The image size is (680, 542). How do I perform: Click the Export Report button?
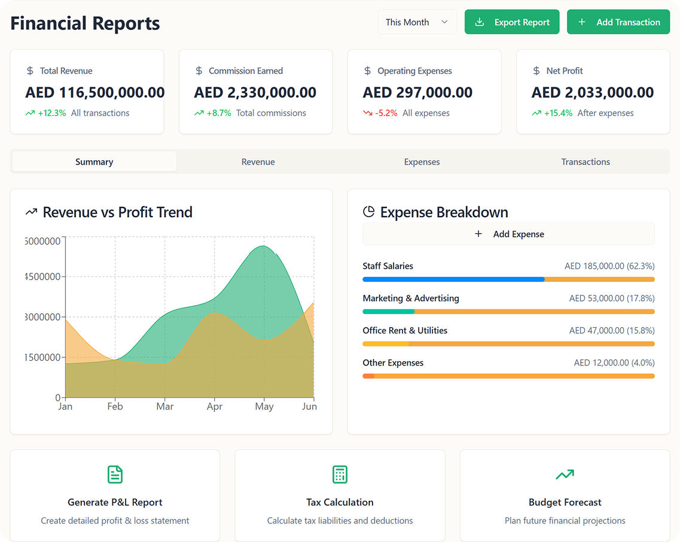point(512,22)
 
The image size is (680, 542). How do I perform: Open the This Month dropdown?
point(417,22)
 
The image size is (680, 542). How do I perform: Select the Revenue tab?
point(258,162)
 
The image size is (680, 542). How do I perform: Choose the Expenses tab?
point(422,162)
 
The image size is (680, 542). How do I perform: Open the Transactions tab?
point(586,162)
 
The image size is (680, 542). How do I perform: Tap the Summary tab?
point(94,162)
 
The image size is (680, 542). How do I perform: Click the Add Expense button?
point(509,234)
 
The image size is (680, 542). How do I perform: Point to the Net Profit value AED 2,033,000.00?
point(593,93)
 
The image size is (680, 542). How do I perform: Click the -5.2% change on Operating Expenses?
point(386,113)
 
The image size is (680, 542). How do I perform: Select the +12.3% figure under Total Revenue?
point(51,113)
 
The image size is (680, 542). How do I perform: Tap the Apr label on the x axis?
point(215,407)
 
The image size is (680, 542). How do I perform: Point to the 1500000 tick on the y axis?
point(42,358)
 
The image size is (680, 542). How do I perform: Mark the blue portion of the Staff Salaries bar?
point(453,279)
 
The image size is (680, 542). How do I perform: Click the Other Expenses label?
point(393,363)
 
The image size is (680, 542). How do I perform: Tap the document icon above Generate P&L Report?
point(115,474)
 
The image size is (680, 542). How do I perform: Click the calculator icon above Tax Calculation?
point(340,474)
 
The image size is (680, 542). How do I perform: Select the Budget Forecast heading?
point(565,502)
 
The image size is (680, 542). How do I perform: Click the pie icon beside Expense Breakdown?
point(368,212)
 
